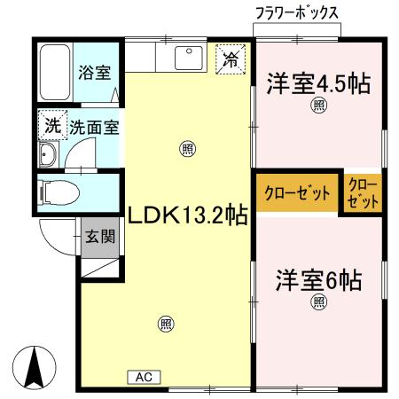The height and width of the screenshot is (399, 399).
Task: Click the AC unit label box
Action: tap(144, 377)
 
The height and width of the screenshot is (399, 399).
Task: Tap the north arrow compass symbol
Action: tap(35, 367)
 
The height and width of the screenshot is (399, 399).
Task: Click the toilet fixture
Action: tap(60, 192)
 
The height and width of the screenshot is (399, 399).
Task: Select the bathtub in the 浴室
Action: tap(55, 73)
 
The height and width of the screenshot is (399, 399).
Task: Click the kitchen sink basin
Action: tap(189, 58)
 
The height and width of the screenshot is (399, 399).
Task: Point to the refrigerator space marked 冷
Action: tap(231, 59)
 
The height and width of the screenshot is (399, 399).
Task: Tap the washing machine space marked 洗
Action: tap(53, 125)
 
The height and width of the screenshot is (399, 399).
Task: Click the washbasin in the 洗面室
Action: tap(48, 154)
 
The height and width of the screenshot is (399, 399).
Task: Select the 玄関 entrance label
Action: tap(100, 237)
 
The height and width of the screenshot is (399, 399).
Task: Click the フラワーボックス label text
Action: tap(297, 13)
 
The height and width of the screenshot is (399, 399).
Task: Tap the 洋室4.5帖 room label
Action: tap(318, 84)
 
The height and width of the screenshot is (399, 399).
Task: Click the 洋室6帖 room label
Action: tap(318, 280)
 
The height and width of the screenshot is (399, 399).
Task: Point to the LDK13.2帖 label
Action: tap(187, 215)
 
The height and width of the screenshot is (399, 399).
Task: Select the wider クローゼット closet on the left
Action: tap(297, 192)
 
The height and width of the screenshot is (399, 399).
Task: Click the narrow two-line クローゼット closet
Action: tap(363, 193)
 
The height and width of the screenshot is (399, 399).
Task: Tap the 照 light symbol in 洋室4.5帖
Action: tap(318, 106)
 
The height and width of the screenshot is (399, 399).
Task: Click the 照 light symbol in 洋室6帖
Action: tap(318, 302)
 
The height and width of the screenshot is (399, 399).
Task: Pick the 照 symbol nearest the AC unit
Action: tap(166, 324)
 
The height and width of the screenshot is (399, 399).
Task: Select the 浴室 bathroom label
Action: tap(95, 73)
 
